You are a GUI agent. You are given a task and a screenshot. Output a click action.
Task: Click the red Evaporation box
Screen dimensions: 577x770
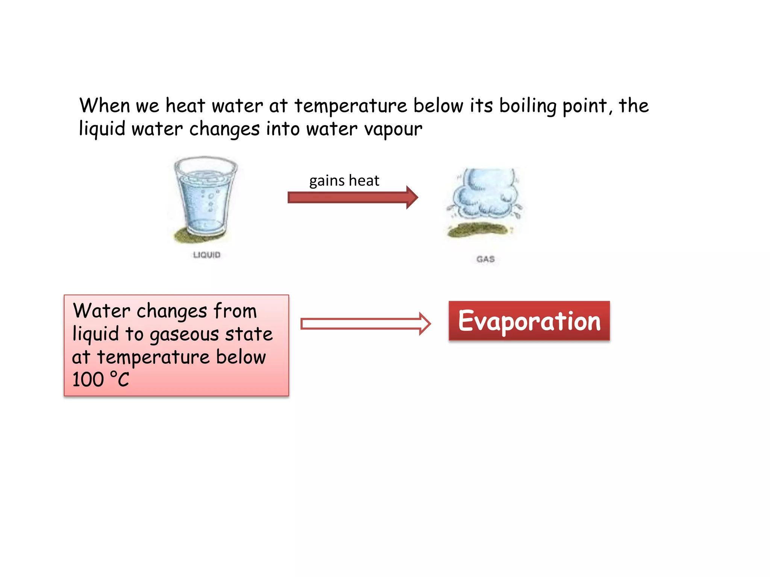tap(529, 321)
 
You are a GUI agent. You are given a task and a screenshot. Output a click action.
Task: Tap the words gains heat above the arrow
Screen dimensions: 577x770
tap(344, 181)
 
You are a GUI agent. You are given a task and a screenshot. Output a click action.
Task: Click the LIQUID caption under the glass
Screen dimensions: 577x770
tap(206, 255)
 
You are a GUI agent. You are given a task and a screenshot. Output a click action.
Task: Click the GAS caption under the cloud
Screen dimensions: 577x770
tap(485, 259)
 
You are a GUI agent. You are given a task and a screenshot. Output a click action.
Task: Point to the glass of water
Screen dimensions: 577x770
tap(205, 197)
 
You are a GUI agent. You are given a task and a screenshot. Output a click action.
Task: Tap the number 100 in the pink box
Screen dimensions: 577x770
tap(88, 380)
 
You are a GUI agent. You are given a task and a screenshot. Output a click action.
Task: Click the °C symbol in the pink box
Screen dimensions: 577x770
tap(120, 379)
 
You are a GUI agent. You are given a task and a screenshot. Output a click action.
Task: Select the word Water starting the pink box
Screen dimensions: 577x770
tap(102, 311)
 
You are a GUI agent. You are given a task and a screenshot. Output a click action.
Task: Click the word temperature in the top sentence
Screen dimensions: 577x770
tap(350, 106)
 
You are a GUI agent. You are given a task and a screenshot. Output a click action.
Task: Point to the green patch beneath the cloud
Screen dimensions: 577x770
tap(477, 230)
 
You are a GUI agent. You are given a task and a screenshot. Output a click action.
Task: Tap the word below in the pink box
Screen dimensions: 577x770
tap(241, 357)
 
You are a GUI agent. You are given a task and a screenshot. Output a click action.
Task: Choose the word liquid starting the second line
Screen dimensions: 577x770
tap(102, 129)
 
